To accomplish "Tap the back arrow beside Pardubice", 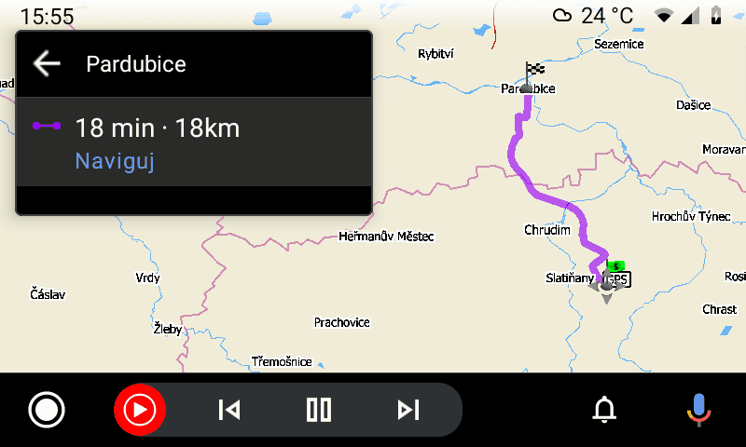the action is coord(47,63).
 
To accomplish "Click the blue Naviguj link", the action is coord(114,161).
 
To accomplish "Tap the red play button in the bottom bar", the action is coord(140,409).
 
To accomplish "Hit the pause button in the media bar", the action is coord(319,409).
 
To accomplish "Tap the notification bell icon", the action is coord(605,409).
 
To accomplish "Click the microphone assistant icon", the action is coord(697,409).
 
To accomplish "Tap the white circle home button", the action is coord(47,409).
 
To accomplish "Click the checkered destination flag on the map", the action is coord(534,70).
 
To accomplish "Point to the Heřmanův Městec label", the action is coord(386,237).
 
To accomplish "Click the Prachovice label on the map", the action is coord(341,322).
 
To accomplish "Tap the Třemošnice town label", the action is coord(282,361).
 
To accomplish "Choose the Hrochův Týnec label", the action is coord(689,217).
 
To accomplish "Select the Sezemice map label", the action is coord(619,44).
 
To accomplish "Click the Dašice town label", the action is coord(693,105).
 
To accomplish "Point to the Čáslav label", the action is coord(48,294).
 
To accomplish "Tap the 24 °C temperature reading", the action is coord(607,15).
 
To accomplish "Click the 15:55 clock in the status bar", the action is coord(47,16).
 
